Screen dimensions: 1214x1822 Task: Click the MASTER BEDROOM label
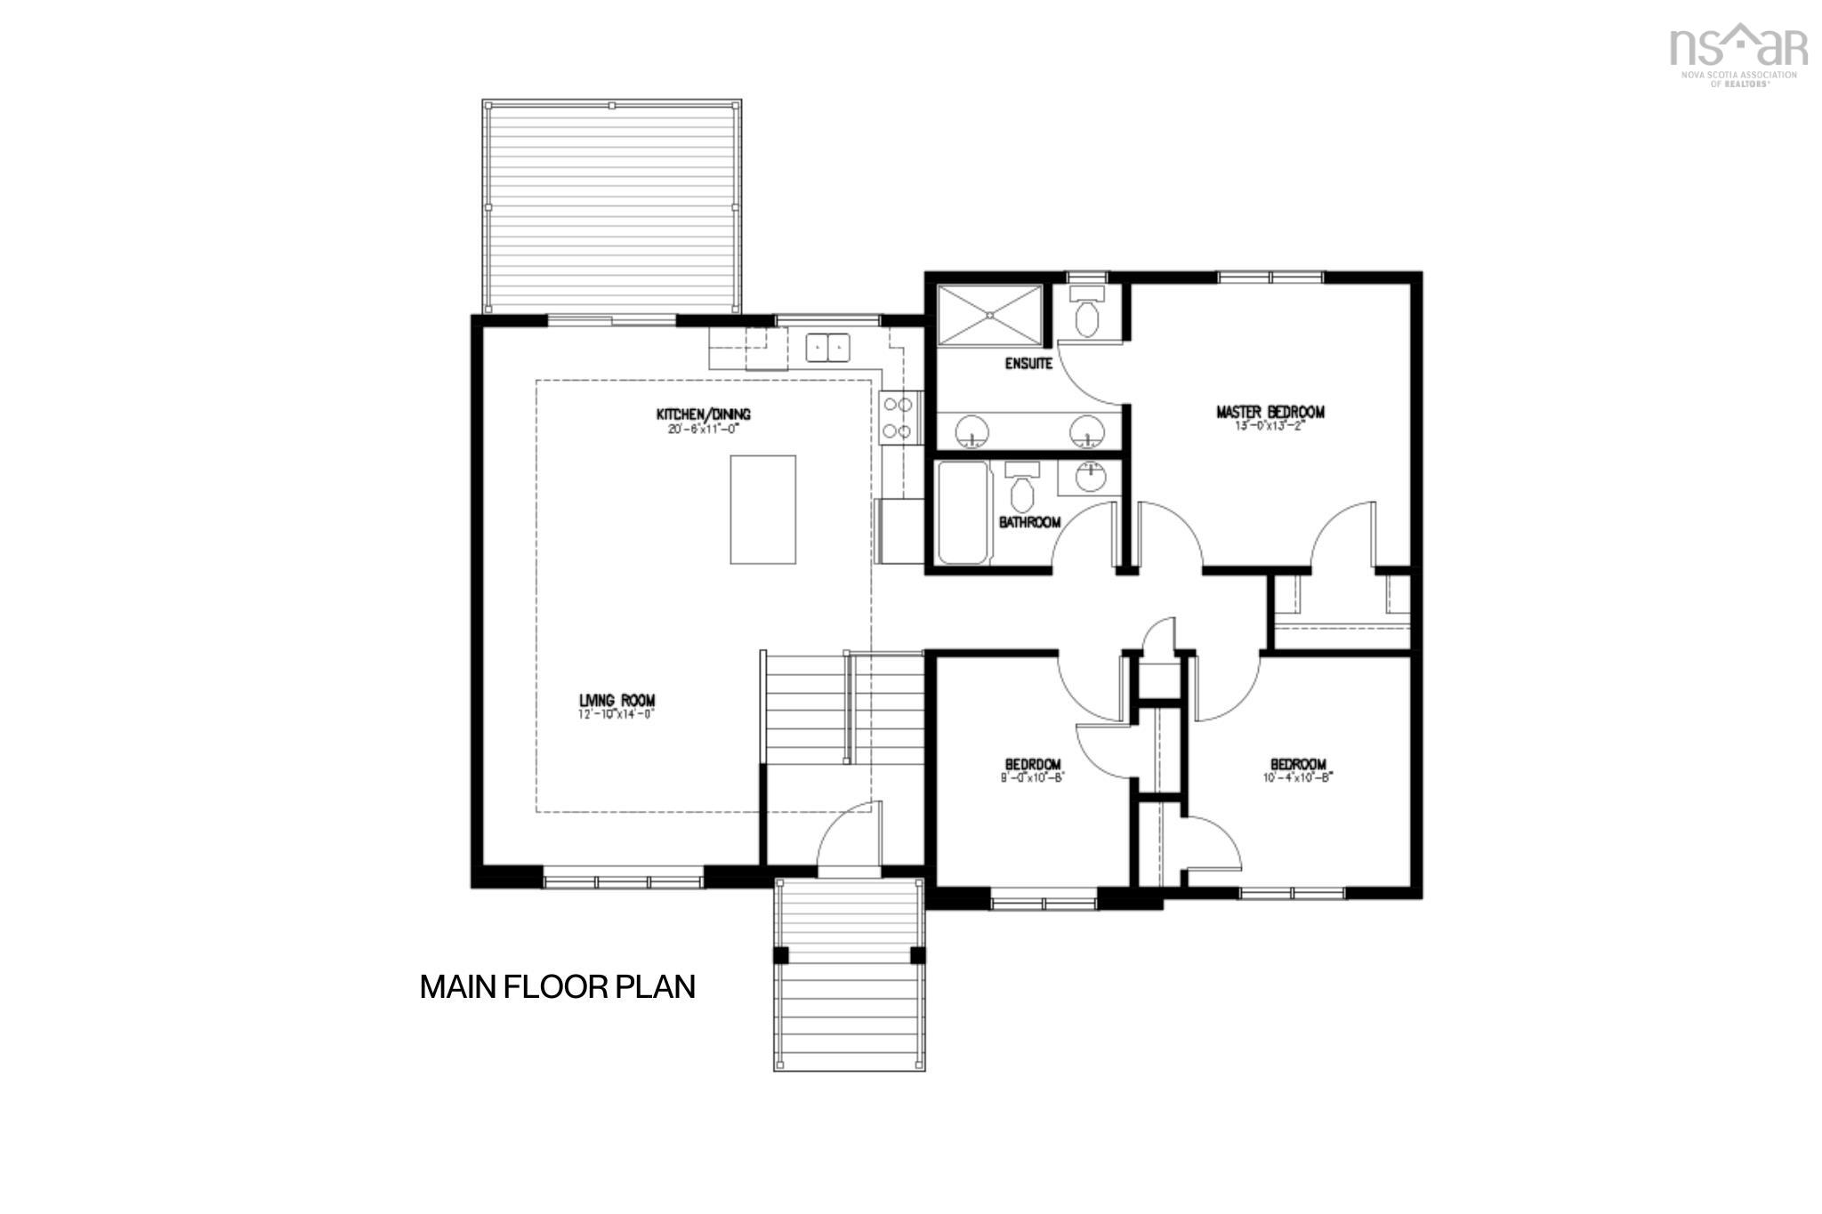coord(1270,412)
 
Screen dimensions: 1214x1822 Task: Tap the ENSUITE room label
coord(1028,364)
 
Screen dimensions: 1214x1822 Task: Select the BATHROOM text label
coord(1029,522)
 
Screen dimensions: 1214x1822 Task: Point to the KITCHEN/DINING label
coord(703,414)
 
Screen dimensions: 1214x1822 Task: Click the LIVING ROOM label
coord(617,701)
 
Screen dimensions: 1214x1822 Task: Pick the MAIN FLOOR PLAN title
coord(557,987)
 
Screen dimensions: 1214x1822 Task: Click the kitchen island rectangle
coord(762,510)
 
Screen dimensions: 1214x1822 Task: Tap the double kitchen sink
coord(828,347)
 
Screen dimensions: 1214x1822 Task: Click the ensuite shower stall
coord(989,315)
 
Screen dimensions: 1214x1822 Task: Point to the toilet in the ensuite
coord(1086,314)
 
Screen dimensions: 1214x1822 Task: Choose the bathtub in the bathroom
coord(963,512)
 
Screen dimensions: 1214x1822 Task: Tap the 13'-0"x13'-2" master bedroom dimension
coord(1269,425)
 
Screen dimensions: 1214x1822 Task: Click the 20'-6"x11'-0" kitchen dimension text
coord(703,428)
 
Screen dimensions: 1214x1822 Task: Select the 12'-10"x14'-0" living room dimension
coord(616,713)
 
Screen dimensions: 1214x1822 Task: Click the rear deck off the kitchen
coord(612,206)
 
